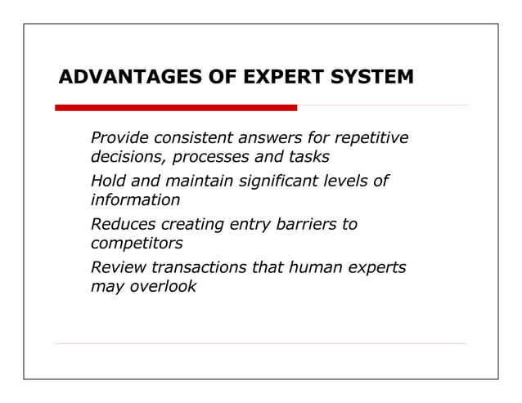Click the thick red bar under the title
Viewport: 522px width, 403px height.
pyautogui.click(x=176, y=107)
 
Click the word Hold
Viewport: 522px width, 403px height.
pyautogui.click(x=108, y=181)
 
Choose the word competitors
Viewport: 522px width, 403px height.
pyautogui.click(x=137, y=244)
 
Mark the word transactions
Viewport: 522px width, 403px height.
pyautogui.click(x=195, y=268)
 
